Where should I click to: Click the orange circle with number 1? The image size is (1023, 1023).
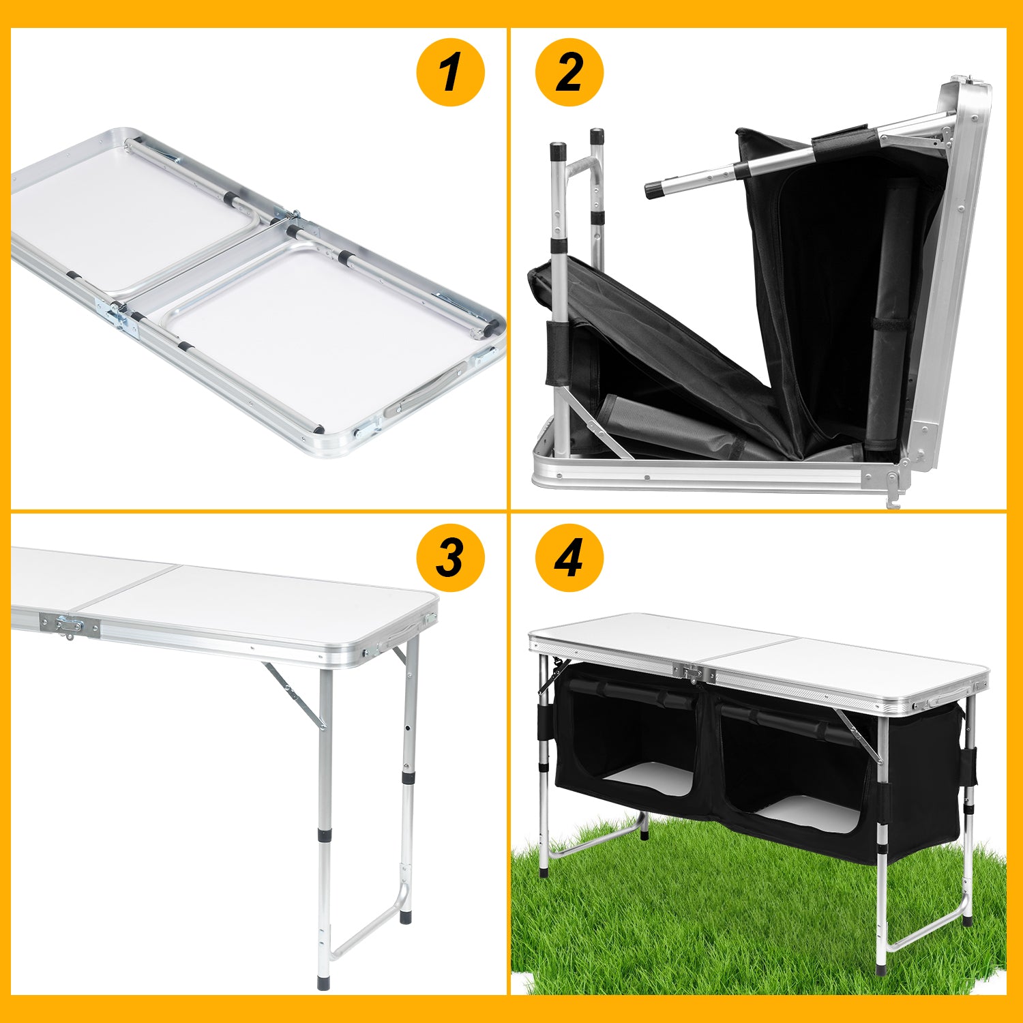(x=450, y=72)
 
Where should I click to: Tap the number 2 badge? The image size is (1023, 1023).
(x=569, y=72)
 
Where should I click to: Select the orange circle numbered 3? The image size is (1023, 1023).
(x=450, y=558)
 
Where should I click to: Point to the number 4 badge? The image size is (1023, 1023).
(x=569, y=558)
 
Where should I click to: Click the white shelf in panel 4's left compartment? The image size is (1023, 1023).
(x=649, y=777)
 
